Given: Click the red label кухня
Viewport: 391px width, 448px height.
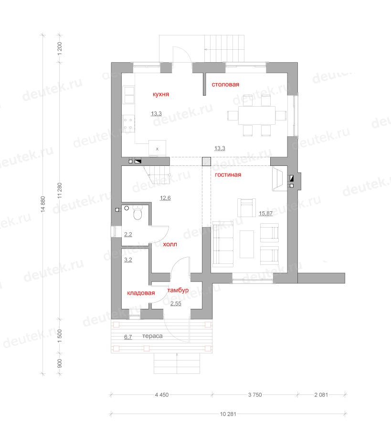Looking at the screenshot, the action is click(161, 94).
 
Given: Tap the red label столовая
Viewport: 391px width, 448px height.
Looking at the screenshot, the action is click(225, 84).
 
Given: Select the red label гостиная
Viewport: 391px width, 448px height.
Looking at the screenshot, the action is click(228, 175).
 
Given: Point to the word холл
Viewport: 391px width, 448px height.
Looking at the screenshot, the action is click(170, 244).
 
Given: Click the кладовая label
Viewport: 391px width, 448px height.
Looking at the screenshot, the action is click(141, 293).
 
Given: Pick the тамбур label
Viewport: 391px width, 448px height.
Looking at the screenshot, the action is click(178, 290).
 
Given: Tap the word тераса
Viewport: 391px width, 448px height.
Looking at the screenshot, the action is click(152, 336).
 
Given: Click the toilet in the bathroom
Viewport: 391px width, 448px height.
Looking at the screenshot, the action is click(137, 213).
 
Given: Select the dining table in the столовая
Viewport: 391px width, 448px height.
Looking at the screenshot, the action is click(257, 115).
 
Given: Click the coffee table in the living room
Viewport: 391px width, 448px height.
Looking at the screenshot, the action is click(247, 244).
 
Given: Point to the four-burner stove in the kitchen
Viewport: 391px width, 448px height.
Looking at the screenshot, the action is click(128, 123).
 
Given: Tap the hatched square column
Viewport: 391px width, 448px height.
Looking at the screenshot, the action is click(206, 162).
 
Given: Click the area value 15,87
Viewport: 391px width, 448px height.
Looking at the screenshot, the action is click(265, 213).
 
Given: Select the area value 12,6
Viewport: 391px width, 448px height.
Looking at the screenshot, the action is click(165, 198).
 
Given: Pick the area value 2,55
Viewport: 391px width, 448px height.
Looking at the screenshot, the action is click(176, 304).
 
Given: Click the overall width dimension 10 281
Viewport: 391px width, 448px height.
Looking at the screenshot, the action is click(228, 414).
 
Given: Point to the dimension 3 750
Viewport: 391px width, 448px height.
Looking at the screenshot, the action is click(255, 394).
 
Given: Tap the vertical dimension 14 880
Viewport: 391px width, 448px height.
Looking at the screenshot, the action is click(43, 204).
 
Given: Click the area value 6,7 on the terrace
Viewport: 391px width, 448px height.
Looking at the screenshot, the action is click(128, 337).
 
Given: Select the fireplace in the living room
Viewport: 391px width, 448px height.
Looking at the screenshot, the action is click(278, 179).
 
